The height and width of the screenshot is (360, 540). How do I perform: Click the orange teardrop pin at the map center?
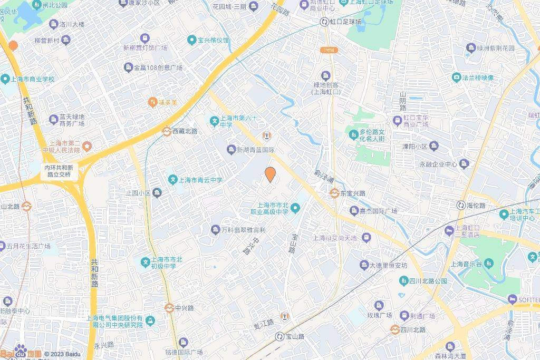[270, 174]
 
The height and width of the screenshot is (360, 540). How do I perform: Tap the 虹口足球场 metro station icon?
[324, 22]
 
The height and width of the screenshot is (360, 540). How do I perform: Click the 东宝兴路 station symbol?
[334, 193]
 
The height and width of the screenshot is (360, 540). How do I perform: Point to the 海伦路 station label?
[476, 205]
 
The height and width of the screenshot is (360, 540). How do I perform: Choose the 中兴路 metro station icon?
[169, 308]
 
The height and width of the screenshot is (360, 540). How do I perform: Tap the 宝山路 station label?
[295, 336]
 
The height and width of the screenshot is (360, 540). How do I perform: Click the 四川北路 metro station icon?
[394, 329]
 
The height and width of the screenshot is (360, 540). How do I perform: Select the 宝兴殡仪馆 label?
[213, 40]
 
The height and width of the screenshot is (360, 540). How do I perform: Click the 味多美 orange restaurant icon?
[152, 102]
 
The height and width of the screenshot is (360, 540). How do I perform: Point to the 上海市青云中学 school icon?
[172, 180]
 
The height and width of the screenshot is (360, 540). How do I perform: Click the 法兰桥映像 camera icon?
[456, 77]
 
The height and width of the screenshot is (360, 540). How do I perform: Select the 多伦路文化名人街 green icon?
[353, 135]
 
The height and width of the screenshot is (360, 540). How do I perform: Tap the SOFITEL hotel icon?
[512, 299]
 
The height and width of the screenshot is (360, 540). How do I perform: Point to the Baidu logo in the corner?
[21, 352]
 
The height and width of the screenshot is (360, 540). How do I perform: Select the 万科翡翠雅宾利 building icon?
[215, 230]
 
